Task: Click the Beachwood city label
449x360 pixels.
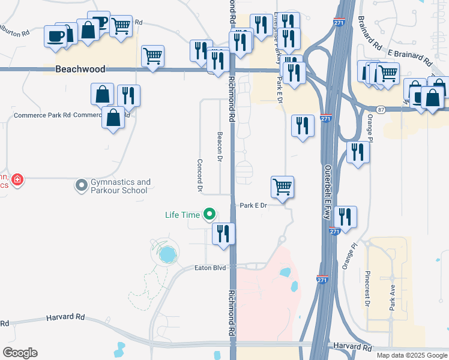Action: coord(80,70)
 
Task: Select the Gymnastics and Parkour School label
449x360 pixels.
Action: coord(119,186)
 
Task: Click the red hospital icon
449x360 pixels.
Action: coord(17,179)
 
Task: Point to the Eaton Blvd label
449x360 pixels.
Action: coord(210,268)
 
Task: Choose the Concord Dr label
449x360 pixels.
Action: coord(199,175)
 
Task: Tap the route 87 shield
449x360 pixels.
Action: coord(381,109)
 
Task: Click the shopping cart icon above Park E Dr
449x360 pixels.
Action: coord(282,187)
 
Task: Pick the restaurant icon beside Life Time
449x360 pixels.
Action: coord(223,233)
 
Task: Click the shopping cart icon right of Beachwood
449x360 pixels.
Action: coord(153,56)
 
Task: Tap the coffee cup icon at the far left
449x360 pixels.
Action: coord(56,35)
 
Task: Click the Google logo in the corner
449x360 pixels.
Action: coord(20,353)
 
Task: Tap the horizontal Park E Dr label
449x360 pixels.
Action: coord(253,205)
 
